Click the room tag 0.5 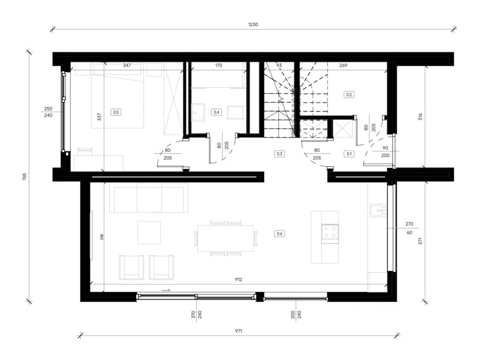click(116, 112)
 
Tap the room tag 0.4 click(217, 112)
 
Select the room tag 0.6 click(279, 234)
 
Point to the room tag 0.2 click(349, 94)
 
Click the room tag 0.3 click(279, 154)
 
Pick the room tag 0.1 click(349, 154)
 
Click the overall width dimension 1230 click(253, 25)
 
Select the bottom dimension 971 click(238, 331)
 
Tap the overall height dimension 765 click(25, 177)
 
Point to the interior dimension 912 click(238, 279)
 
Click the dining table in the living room click(225, 238)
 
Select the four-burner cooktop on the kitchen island click(330, 232)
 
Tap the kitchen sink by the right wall click(378, 211)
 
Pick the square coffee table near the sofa click(149, 232)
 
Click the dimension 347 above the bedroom click(126, 65)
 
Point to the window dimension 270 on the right click(409, 224)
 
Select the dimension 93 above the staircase click(279, 65)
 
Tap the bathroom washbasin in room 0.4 click(198, 112)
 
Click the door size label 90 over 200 click(385, 152)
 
